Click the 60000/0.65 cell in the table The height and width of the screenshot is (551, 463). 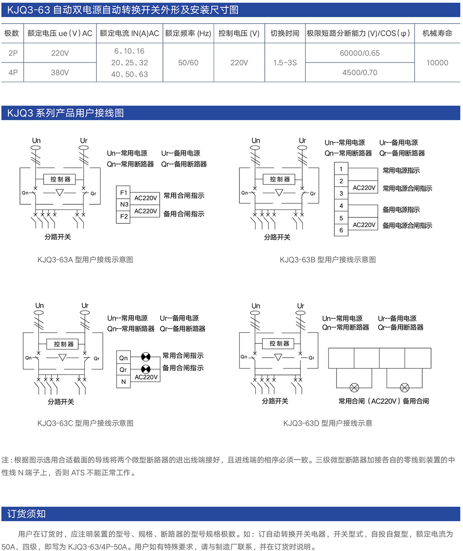(359, 53)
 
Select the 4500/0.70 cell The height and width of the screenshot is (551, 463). (359, 73)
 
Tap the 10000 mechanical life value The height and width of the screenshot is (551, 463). (438, 63)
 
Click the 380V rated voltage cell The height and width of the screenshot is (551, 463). (60, 73)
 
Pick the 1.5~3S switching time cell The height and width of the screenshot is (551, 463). (285, 63)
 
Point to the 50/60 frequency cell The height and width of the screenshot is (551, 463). (188, 63)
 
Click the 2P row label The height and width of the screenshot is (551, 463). (13, 53)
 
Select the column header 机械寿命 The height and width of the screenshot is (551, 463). (438, 33)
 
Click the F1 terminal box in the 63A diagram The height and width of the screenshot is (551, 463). (124, 192)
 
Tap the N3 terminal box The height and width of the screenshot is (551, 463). (124, 204)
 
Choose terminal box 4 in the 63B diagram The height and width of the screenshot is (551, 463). (341, 205)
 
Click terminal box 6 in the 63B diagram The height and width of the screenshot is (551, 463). (341, 230)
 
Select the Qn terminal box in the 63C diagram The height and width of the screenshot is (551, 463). (124, 358)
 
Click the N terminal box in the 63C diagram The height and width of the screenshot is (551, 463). (124, 382)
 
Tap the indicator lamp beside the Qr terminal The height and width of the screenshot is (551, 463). (146, 369)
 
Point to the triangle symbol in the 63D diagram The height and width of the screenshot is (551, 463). (278, 357)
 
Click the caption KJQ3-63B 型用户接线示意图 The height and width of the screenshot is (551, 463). (328, 260)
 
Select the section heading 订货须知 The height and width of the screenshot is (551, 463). (26, 514)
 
